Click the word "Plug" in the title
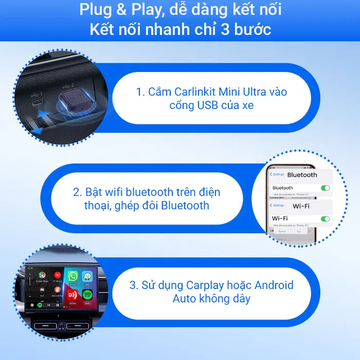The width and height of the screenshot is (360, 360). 96,10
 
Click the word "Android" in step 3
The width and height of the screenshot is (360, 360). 274,285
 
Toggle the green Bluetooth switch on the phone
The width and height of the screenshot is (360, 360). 325,188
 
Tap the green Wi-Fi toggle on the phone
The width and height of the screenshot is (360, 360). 325,219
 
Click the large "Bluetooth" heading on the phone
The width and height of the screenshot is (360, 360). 302,175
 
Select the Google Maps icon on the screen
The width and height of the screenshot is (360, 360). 41,276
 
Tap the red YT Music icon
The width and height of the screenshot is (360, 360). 57,276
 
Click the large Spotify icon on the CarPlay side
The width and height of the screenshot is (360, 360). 87,295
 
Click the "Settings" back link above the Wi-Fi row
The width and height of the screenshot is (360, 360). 278,206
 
